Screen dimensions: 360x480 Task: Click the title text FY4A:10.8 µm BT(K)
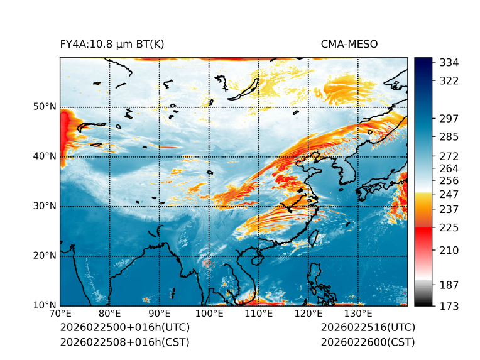pyautogui.click(x=112, y=44)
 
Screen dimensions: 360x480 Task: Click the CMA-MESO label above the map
pyautogui.click(x=349, y=44)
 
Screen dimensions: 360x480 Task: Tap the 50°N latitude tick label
pyautogui.click(x=45, y=107)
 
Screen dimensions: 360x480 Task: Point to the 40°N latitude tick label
pyautogui.click(x=45, y=156)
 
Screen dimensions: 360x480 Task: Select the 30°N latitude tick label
pyautogui.click(x=45, y=206)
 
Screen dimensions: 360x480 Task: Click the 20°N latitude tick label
pyautogui.click(x=45, y=256)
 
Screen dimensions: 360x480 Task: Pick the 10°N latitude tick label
pyautogui.click(x=45, y=305)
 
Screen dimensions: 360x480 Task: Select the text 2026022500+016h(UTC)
pyautogui.click(x=124, y=328)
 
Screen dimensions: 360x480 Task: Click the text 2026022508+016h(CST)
pyautogui.click(x=124, y=342)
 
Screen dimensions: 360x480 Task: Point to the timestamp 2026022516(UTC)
pyautogui.click(x=368, y=328)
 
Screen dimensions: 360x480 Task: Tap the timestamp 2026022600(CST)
pyautogui.click(x=368, y=342)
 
